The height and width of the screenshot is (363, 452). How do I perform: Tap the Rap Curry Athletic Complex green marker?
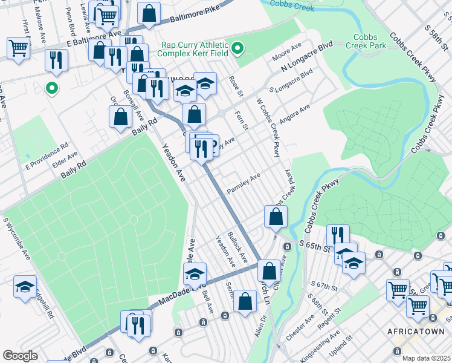pyautogui.click(x=238, y=48)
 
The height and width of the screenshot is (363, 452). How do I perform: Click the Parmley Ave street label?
pyautogui.click(x=243, y=183)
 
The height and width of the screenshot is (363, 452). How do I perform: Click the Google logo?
pyautogui.click(x=21, y=355)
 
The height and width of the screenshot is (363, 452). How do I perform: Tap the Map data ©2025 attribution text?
pyautogui.click(x=426, y=358)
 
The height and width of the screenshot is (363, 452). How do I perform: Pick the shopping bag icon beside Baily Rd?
pyautogui.click(x=121, y=117)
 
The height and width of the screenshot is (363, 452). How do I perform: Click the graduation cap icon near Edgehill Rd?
pyautogui.click(x=25, y=287)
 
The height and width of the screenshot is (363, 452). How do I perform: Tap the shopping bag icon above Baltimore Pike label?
pyautogui.click(x=149, y=13)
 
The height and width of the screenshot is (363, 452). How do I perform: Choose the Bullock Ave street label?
pyautogui.click(x=237, y=246)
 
